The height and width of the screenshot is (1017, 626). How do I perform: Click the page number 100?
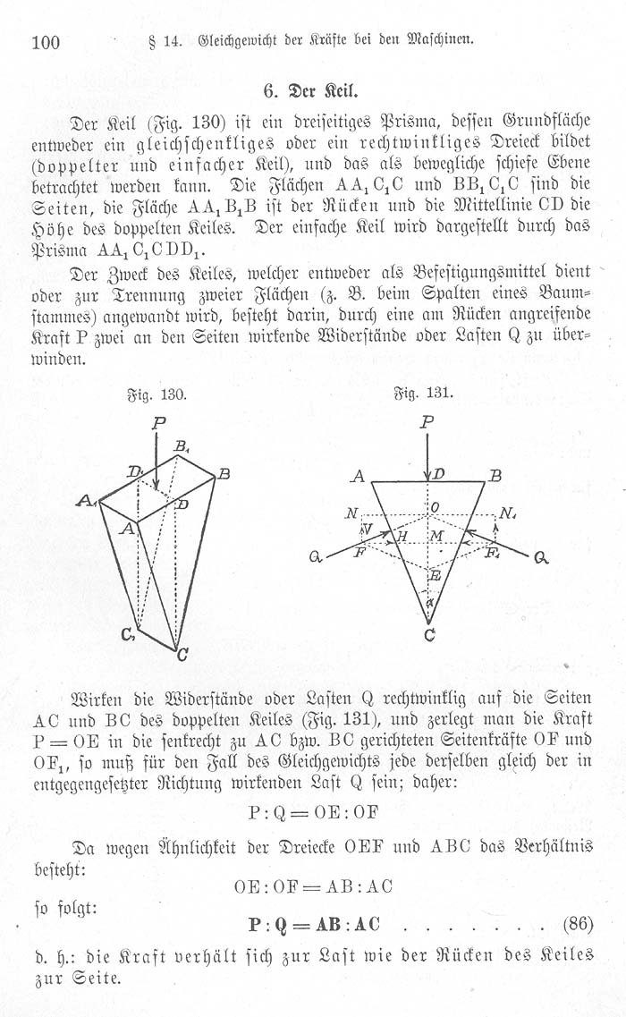(45, 41)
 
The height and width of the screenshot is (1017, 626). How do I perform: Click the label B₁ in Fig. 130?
(182, 446)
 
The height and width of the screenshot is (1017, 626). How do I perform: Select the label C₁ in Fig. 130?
(129, 636)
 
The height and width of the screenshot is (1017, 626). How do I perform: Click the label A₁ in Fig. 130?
(87, 502)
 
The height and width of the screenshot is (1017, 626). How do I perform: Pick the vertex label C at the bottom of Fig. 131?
(429, 636)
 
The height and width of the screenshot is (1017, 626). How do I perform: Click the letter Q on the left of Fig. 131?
(316, 557)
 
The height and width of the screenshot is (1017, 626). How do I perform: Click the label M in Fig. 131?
(436, 535)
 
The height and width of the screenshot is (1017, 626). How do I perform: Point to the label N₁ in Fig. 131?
(510, 514)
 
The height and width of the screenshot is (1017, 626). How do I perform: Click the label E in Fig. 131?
(436, 577)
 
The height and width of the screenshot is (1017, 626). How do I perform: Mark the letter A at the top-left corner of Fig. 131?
(358, 477)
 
